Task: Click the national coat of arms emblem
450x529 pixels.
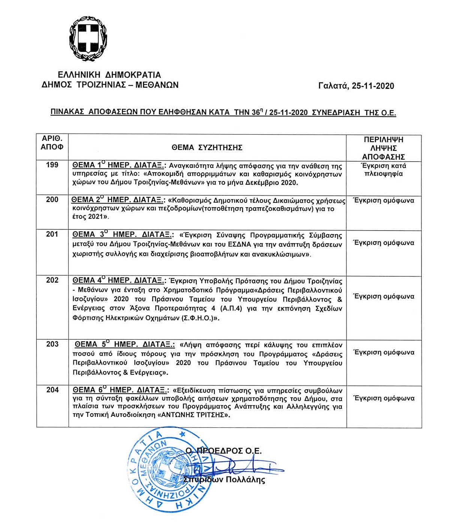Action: (x=89, y=38)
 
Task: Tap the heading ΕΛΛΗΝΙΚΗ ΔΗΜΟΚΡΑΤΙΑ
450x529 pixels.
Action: (x=109, y=75)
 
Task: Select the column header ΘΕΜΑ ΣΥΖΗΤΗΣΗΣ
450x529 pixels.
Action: (x=207, y=147)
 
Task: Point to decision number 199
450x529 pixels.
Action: (x=52, y=165)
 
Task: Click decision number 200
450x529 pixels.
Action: (x=52, y=199)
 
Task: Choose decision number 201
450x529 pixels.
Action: (x=52, y=234)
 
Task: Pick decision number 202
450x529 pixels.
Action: (x=52, y=280)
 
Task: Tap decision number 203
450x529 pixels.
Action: (x=52, y=344)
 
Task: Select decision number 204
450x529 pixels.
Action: (x=52, y=390)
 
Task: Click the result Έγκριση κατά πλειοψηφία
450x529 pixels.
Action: (x=384, y=170)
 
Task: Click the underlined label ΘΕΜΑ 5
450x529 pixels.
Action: (x=91, y=344)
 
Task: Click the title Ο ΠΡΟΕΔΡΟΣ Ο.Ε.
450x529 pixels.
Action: (x=224, y=451)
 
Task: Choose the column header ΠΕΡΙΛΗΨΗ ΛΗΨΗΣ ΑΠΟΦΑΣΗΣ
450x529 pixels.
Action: (x=384, y=148)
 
